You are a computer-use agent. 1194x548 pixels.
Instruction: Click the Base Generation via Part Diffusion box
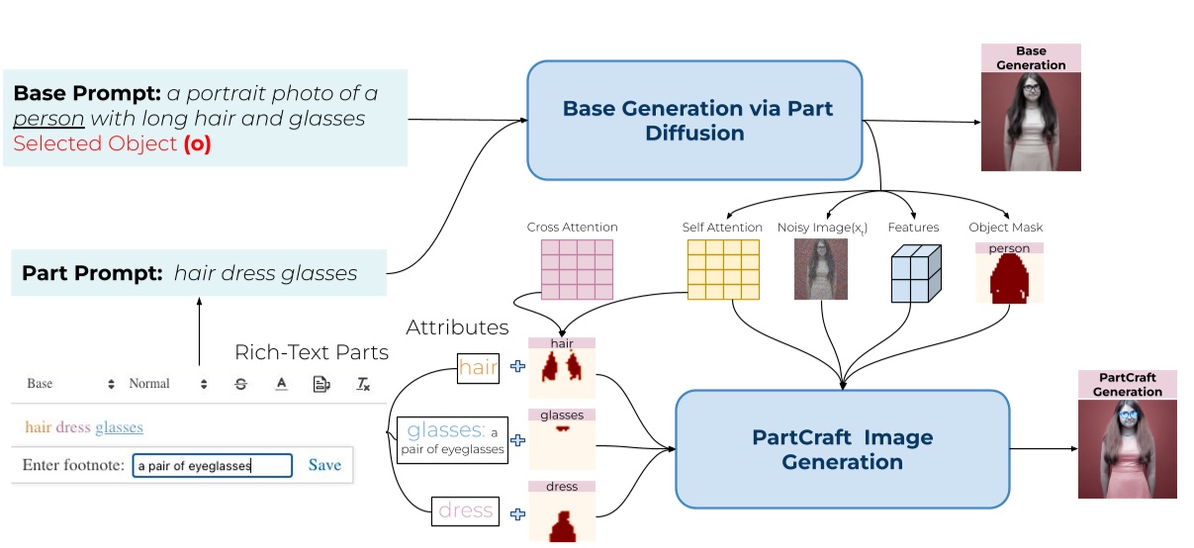[694, 120]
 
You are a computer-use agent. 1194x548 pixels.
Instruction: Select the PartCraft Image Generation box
[842, 449]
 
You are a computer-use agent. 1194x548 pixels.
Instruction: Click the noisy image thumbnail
[821, 268]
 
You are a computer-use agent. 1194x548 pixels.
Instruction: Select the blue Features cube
[914, 272]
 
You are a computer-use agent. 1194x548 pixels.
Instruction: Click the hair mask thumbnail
[561, 372]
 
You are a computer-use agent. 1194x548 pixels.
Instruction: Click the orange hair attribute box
[479, 368]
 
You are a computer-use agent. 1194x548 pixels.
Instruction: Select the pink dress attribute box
[465, 510]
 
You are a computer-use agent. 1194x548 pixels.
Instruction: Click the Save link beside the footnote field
[324, 465]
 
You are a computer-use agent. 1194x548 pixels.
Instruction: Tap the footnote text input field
[213, 466]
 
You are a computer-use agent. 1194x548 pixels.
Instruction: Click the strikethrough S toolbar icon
[241, 384]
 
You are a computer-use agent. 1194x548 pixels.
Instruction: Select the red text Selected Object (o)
[112, 144]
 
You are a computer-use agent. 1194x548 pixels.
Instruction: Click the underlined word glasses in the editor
[119, 427]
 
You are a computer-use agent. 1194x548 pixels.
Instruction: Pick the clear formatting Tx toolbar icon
[363, 384]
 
